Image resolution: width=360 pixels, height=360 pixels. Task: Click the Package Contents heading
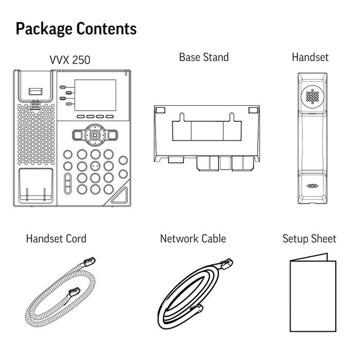click(x=76, y=29)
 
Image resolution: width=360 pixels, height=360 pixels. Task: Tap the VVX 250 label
click(x=70, y=60)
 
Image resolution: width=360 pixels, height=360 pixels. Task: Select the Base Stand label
click(x=204, y=57)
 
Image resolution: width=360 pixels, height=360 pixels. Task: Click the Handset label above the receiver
click(x=310, y=57)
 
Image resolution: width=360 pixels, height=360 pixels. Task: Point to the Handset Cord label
click(x=56, y=239)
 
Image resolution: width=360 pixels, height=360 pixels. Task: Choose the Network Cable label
click(x=193, y=239)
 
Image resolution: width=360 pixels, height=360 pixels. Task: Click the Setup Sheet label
click(x=309, y=239)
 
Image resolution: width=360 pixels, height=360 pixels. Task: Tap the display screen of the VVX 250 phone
click(x=95, y=95)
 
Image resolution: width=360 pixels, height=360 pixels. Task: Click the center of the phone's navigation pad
click(x=95, y=135)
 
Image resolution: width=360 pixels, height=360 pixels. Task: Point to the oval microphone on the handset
click(x=313, y=186)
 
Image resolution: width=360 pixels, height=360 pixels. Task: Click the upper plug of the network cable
click(x=226, y=264)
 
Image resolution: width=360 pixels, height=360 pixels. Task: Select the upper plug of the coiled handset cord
click(x=89, y=262)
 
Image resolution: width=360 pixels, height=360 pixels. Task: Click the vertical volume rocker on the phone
click(x=68, y=184)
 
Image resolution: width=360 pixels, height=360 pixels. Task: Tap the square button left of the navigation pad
click(x=78, y=135)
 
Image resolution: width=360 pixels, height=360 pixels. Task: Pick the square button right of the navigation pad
click(x=113, y=135)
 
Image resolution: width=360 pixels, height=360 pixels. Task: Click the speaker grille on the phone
click(x=37, y=134)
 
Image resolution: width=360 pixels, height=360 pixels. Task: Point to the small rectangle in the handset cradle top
click(x=35, y=92)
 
